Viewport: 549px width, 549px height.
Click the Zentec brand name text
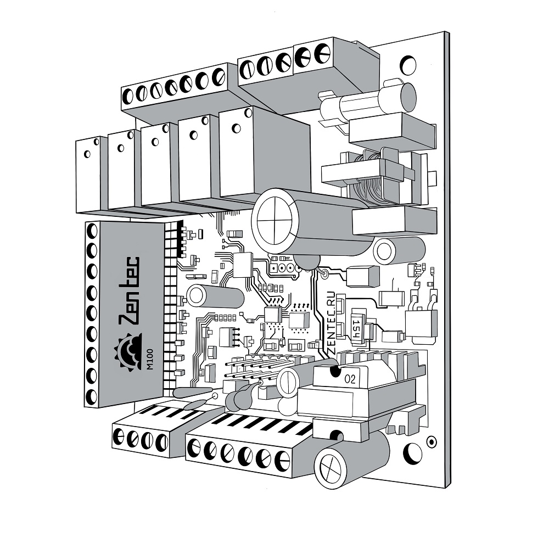coord(129,292)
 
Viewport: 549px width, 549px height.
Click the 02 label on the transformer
coord(350,379)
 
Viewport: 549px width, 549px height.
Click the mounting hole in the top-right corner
coord(408,65)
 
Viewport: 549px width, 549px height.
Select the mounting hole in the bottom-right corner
coord(413,453)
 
